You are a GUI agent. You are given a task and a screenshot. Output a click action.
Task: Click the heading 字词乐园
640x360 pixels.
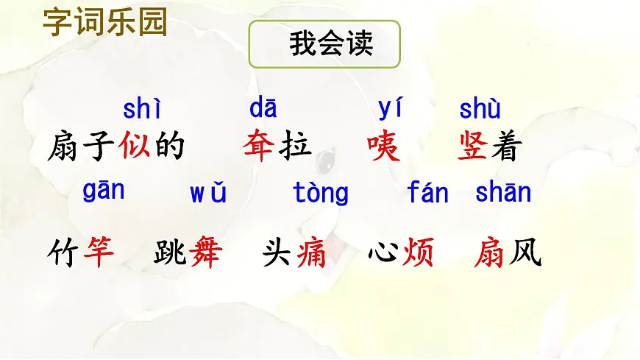105,21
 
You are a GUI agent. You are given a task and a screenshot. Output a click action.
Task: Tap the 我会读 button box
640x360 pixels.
324,44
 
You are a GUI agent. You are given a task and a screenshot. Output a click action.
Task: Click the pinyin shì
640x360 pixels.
141,110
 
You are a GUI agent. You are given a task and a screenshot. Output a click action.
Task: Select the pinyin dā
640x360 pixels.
263,109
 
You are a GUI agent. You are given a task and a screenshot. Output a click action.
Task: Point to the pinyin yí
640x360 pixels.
391,109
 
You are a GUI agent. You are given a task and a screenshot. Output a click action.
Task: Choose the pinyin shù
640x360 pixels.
480,110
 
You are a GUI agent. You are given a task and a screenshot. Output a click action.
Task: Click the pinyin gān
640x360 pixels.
104,191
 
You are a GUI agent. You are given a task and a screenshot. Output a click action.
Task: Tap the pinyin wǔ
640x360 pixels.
208,194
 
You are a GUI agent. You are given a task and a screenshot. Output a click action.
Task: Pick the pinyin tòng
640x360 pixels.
321,194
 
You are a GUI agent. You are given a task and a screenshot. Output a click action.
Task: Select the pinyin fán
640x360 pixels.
427,193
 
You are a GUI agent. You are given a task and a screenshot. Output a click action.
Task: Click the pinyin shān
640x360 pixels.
503,193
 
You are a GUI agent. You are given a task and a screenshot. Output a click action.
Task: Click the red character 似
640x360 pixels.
135,146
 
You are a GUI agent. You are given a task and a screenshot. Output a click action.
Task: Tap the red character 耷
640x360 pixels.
259,146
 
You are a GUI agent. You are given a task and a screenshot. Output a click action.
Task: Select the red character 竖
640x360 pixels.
473,146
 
